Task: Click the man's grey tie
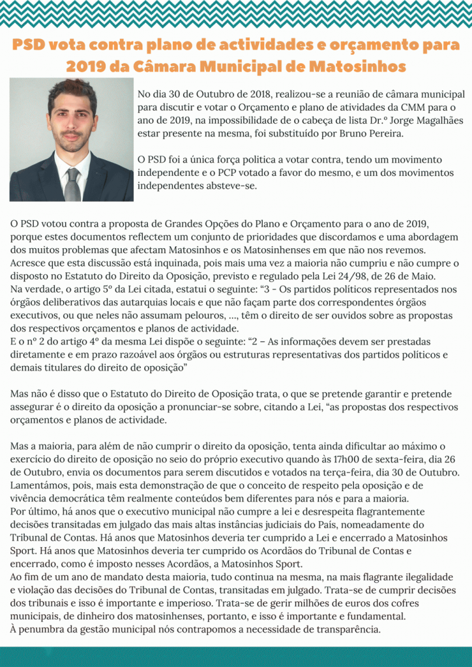coord(72,184)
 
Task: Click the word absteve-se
coord(231,186)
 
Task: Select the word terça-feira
coord(319,472)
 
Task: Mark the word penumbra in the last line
coord(44,629)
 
